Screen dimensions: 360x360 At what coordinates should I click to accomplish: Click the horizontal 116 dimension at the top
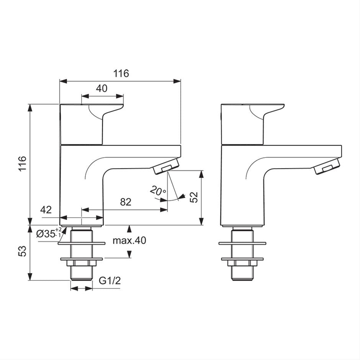pyautogui.click(x=121, y=74)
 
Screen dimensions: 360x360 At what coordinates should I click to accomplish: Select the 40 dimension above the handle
pyautogui.click(x=101, y=88)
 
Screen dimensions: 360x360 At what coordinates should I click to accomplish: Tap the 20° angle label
pyautogui.click(x=157, y=190)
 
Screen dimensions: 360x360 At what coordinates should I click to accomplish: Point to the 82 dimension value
pyautogui.click(x=126, y=202)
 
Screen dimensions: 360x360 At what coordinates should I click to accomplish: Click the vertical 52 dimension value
pyautogui.click(x=195, y=197)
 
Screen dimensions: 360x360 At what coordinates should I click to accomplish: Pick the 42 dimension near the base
pyautogui.click(x=46, y=209)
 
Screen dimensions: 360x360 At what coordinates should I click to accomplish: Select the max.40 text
pyautogui.click(x=129, y=241)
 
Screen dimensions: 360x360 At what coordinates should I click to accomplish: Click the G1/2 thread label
pyautogui.click(x=110, y=281)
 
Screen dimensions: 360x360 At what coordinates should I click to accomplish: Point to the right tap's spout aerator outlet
pyautogui.click(x=328, y=167)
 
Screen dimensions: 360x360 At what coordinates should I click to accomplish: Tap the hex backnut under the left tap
pyautogui.click(x=81, y=262)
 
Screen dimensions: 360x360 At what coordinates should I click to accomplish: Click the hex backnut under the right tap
pyautogui.click(x=242, y=262)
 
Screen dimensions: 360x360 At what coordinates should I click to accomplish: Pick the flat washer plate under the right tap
pyautogui.click(x=242, y=243)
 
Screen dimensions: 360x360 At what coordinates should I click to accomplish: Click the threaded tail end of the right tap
pyautogui.click(x=242, y=274)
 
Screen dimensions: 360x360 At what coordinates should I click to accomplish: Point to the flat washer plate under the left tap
pyautogui.click(x=81, y=243)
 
